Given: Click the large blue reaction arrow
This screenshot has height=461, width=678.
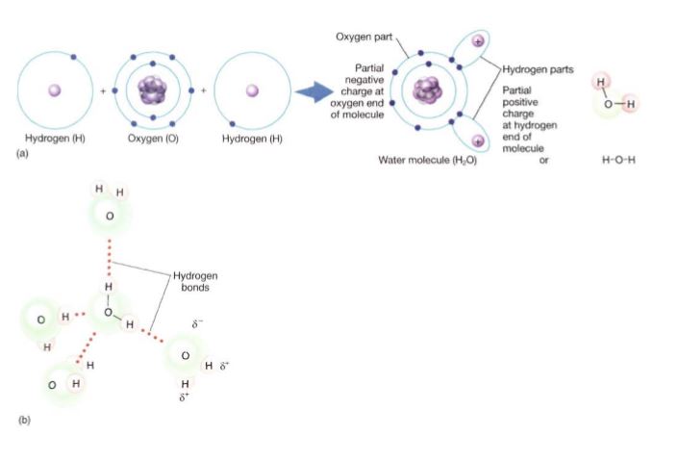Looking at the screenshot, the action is (x=314, y=91).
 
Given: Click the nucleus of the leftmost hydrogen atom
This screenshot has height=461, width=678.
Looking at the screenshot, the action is (x=55, y=90).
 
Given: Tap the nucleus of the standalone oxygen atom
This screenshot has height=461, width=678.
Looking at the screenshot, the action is (x=152, y=90).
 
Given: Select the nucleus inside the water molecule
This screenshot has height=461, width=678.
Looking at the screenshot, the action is (x=428, y=90).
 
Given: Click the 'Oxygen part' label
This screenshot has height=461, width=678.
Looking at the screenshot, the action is (x=364, y=37).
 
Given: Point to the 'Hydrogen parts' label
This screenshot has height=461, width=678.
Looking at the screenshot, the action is (x=538, y=69).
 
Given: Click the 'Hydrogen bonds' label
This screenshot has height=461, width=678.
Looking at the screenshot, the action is (x=195, y=281).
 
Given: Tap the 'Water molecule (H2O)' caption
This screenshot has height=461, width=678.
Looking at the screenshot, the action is (x=427, y=160).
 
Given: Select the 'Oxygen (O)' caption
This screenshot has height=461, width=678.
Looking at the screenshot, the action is (x=153, y=139).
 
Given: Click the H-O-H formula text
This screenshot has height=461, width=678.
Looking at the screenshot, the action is (x=618, y=160).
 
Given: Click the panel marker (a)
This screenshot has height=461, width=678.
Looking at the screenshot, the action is (x=22, y=153).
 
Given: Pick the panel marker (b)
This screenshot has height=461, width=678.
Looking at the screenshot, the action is (x=24, y=420).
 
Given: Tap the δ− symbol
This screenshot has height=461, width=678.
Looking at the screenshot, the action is (x=197, y=323).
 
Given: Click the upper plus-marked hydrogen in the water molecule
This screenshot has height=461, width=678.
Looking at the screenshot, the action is (x=478, y=41).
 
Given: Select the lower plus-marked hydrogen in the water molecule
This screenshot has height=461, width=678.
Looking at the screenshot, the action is (x=478, y=141).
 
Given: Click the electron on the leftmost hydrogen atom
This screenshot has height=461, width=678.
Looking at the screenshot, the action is (x=73, y=57).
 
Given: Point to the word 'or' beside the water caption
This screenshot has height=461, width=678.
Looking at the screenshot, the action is (x=543, y=160).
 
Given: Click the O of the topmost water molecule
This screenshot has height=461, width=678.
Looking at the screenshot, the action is (x=110, y=216).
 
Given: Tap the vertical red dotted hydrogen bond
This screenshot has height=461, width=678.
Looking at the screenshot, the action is (x=109, y=258).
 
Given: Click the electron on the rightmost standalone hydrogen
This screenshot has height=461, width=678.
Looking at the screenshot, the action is (x=232, y=124).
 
